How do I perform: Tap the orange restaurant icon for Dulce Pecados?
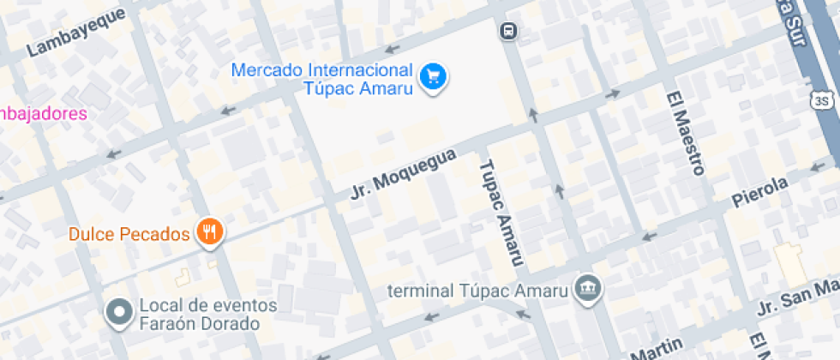click(x=210, y=231)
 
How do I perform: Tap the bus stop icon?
click(x=509, y=32)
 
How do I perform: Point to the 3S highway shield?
click(x=822, y=101)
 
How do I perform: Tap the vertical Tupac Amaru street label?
click(x=500, y=213)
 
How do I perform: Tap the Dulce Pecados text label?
click(x=129, y=233)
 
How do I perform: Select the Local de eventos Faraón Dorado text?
click(x=207, y=315)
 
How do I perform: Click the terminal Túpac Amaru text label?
click(x=478, y=290)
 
